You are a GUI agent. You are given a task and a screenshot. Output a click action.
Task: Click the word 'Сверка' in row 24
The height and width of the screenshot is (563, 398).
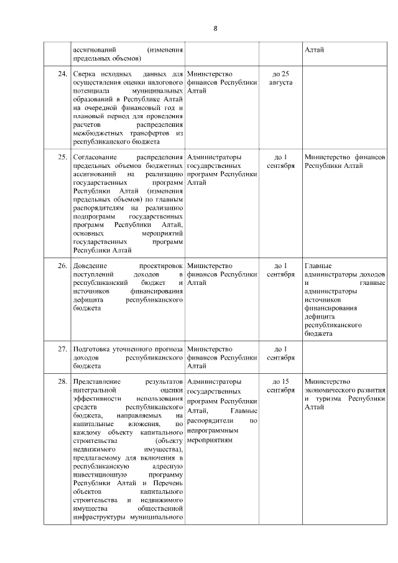coord(85,74)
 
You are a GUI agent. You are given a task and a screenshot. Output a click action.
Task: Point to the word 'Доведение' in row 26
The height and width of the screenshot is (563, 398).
coord(90,266)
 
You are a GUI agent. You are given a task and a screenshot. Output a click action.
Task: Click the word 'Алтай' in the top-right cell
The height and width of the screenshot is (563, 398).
coord(314,50)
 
